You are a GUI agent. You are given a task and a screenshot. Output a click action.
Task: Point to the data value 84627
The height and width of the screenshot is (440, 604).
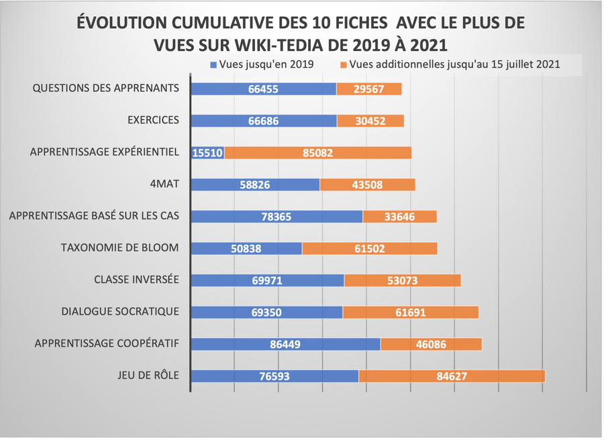point(452,376)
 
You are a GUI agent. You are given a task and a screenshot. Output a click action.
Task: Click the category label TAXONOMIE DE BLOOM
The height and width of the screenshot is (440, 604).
point(120,248)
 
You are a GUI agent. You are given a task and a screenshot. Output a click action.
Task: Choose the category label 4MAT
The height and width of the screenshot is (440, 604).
point(164,184)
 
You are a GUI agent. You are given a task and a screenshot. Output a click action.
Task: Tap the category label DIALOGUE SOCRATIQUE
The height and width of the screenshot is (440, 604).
point(120,312)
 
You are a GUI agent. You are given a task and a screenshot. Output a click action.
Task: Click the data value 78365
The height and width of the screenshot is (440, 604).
point(276,217)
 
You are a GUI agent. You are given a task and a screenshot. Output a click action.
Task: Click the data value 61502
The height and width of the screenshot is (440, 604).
point(370,248)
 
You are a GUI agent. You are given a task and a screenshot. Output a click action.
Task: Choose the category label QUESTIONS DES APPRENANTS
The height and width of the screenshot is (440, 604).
point(106,89)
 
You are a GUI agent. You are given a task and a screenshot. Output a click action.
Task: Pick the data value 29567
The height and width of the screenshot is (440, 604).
point(368,89)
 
